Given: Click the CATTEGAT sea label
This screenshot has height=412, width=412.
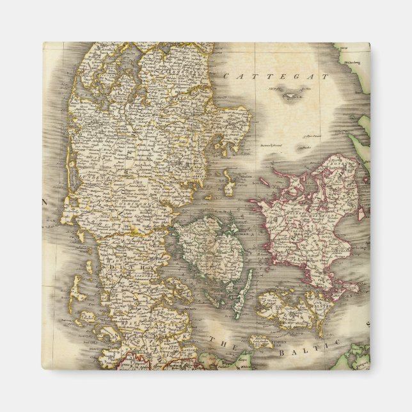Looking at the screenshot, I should tap(276, 76).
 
